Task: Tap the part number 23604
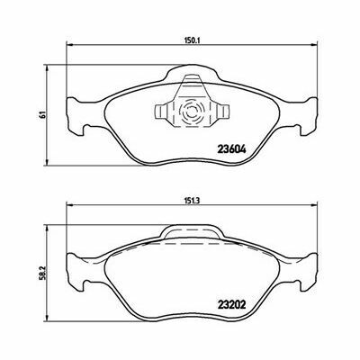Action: (x=231, y=149)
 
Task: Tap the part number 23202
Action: (x=231, y=305)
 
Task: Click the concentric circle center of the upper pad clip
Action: (x=191, y=112)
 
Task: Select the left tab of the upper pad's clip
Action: (x=164, y=112)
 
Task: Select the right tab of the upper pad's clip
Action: (x=220, y=112)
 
